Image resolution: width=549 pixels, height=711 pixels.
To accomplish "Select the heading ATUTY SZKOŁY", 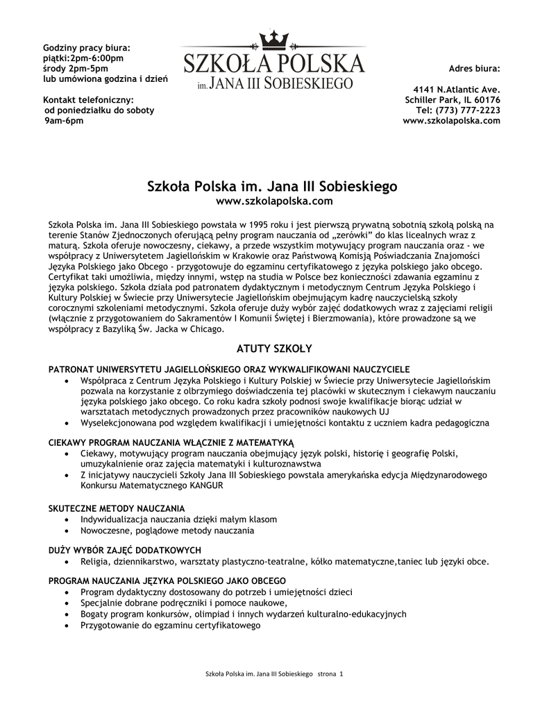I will coord(274,347).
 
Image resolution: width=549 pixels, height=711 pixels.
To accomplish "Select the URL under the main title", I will coord(274,201).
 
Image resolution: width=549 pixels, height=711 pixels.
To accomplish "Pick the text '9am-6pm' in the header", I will coord(64,121).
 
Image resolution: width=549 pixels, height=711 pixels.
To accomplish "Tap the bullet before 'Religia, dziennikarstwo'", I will coord(66,562).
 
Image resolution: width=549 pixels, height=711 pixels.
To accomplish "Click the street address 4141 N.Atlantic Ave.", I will coord(456,90).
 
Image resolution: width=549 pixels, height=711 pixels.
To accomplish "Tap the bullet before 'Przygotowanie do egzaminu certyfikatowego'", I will coord(66,626).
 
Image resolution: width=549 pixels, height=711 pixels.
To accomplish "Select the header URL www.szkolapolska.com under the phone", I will coord(451,121).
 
